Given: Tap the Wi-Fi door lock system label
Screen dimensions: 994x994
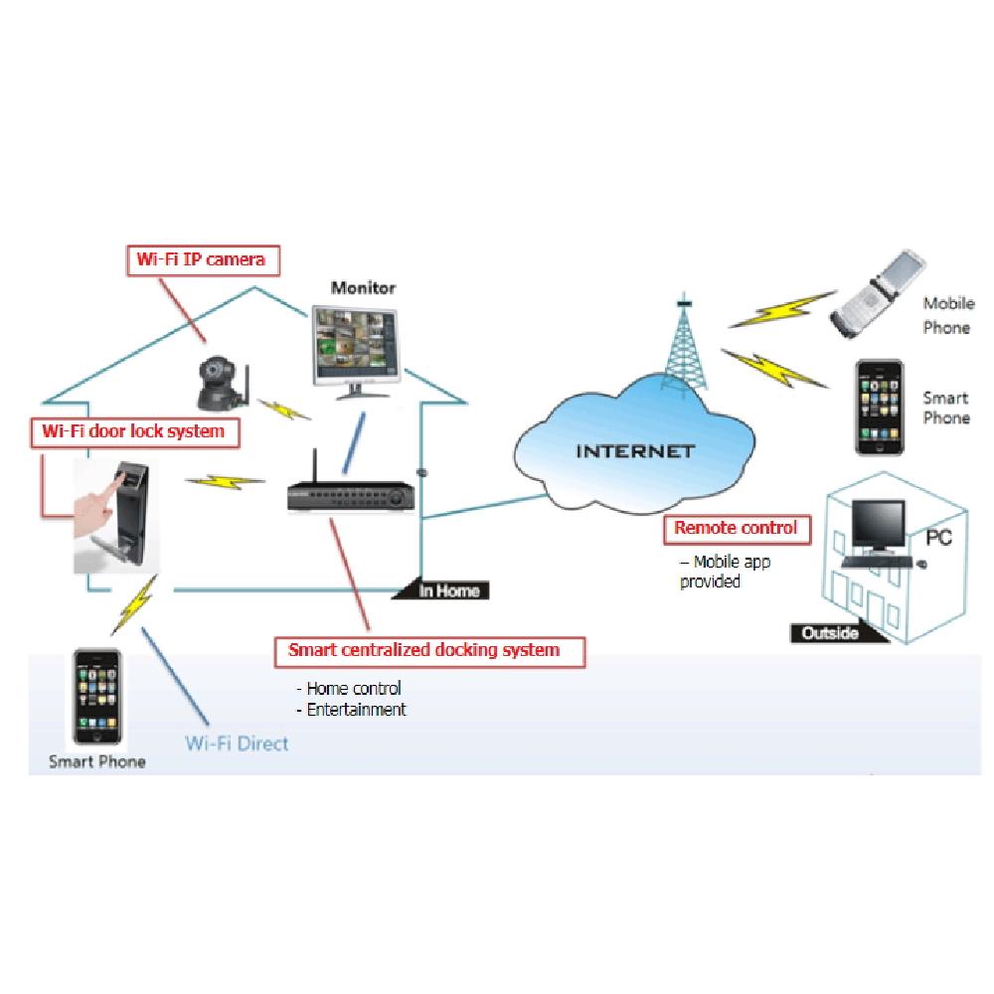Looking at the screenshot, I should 134,431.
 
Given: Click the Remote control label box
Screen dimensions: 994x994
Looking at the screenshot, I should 737,529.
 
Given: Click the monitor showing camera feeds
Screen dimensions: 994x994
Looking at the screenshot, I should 356,343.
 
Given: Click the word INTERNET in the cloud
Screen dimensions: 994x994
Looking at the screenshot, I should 622,450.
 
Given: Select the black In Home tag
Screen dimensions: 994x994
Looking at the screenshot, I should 448,591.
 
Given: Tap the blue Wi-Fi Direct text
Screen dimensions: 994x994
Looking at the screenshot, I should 237,743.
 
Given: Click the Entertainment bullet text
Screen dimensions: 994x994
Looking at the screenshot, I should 356,710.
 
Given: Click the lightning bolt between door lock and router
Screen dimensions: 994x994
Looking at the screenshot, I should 227,482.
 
